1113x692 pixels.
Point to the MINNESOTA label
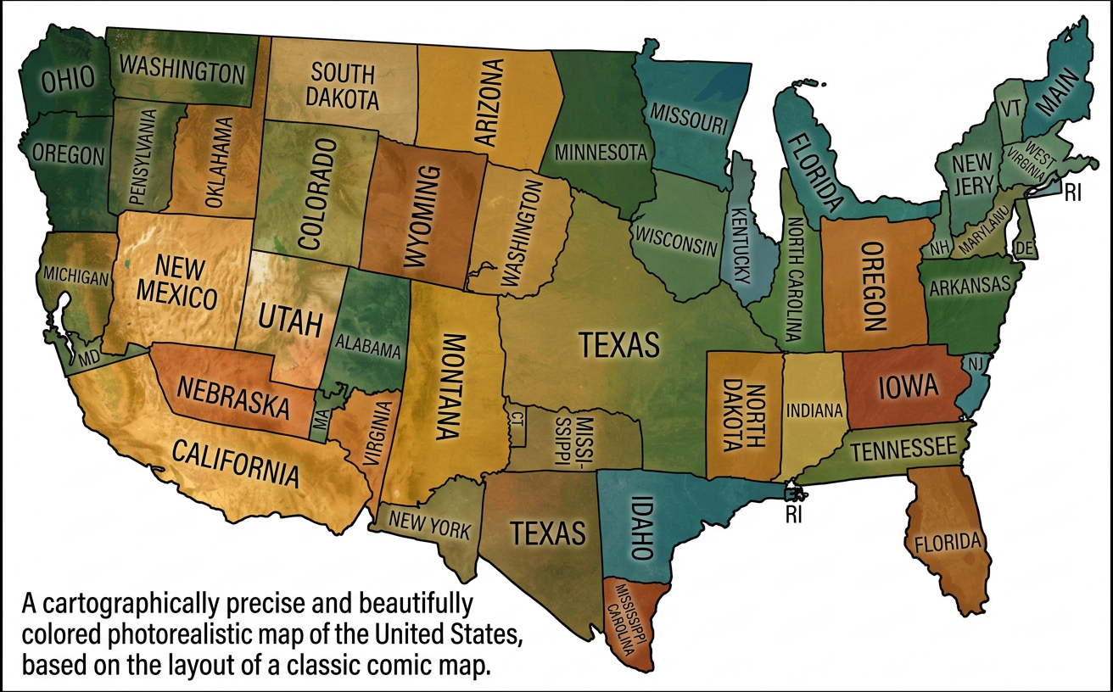pyautogui.click(x=601, y=153)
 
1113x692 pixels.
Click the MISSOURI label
pyautogui.click(x=690, y=119)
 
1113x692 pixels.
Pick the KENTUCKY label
pyautogui.click(x=741, y=245)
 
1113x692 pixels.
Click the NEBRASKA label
pyautogui.click(x=232, y=397)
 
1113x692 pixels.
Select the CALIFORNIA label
pyautogui.click(x=237, y=462)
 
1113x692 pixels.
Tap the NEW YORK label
pyautogui.click(x=429, y=527)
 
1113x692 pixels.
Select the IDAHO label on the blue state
pyautogui.click(x=640, y=527)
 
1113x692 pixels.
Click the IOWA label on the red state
pyautogui.click(x=908, y=387)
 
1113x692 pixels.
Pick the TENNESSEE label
pyautogui.click(x=903, y=450)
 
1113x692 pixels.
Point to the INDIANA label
pyautogui.click(x=814, y=410)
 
